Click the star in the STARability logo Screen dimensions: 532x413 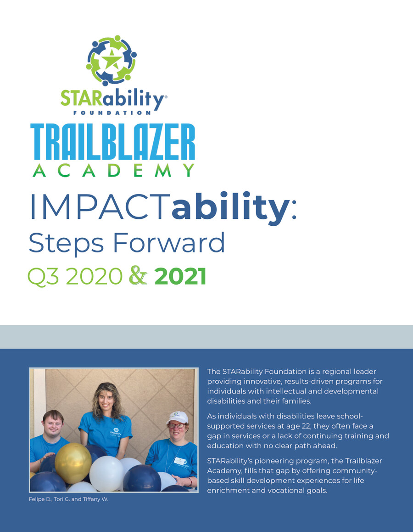point(112,60)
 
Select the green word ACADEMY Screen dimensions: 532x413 point(113,170)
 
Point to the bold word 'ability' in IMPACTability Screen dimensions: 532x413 point(229,207)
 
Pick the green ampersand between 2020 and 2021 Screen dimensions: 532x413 point(139,275)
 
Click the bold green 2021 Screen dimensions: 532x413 point(180,276)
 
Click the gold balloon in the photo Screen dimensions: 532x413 point(73,462)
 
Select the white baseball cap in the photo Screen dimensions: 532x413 point(178,417)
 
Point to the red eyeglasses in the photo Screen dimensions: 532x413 point(177,425)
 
